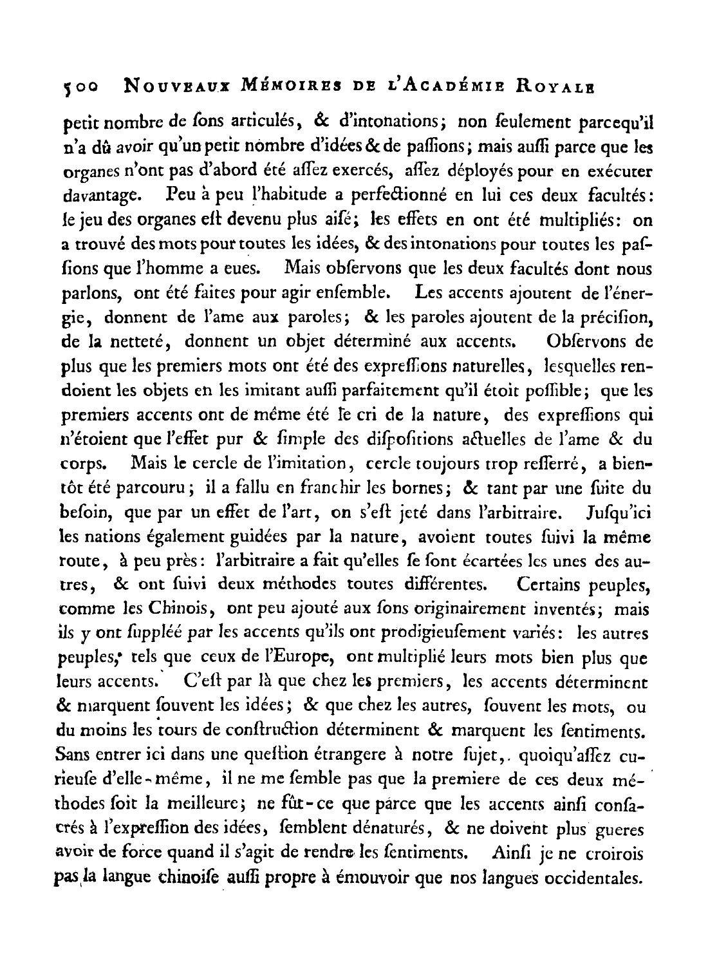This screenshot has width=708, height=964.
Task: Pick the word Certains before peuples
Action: [546, 585]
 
